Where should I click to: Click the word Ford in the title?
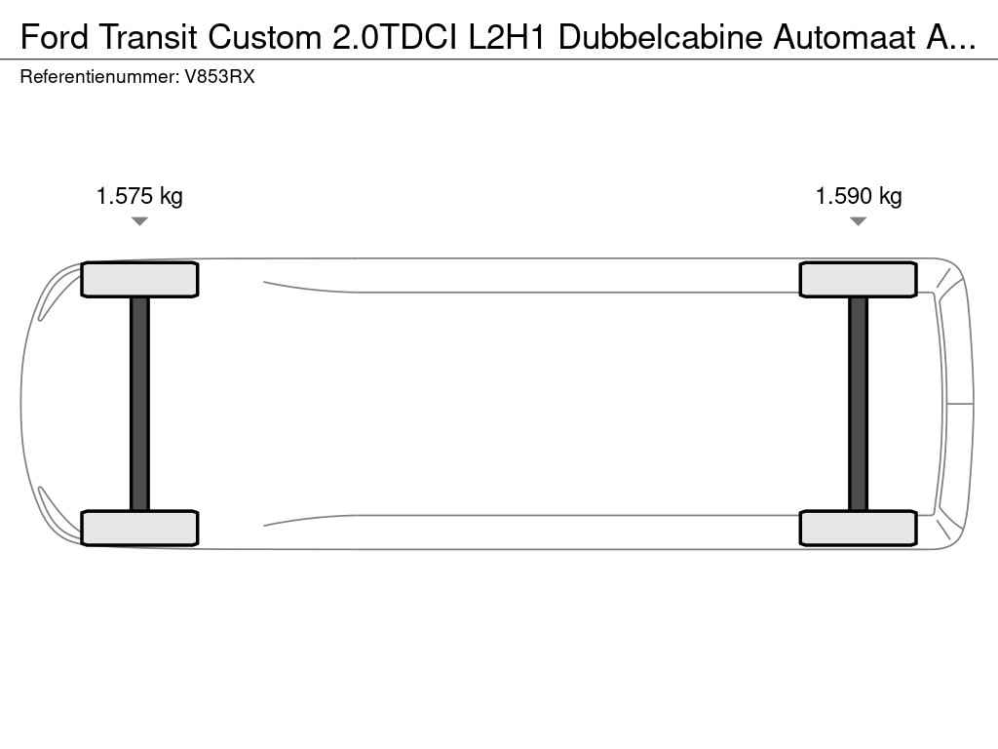pyautogui.click(x=55, y=38)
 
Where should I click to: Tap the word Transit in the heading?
pyautogui.click(x=148, y=38)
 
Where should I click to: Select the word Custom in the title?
pyautogui.click(x=265, y=38)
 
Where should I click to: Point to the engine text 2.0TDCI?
pyautogui.click(x=395, y=38)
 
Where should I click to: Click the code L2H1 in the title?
pyautogui.click(x=507, y=38)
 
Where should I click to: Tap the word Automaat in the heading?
pyautogui.click(x=845, y=38)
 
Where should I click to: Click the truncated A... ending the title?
pyautogui.click(x=951, y=38)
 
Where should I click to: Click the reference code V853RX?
pyautogui.click(x=219, y=77)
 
